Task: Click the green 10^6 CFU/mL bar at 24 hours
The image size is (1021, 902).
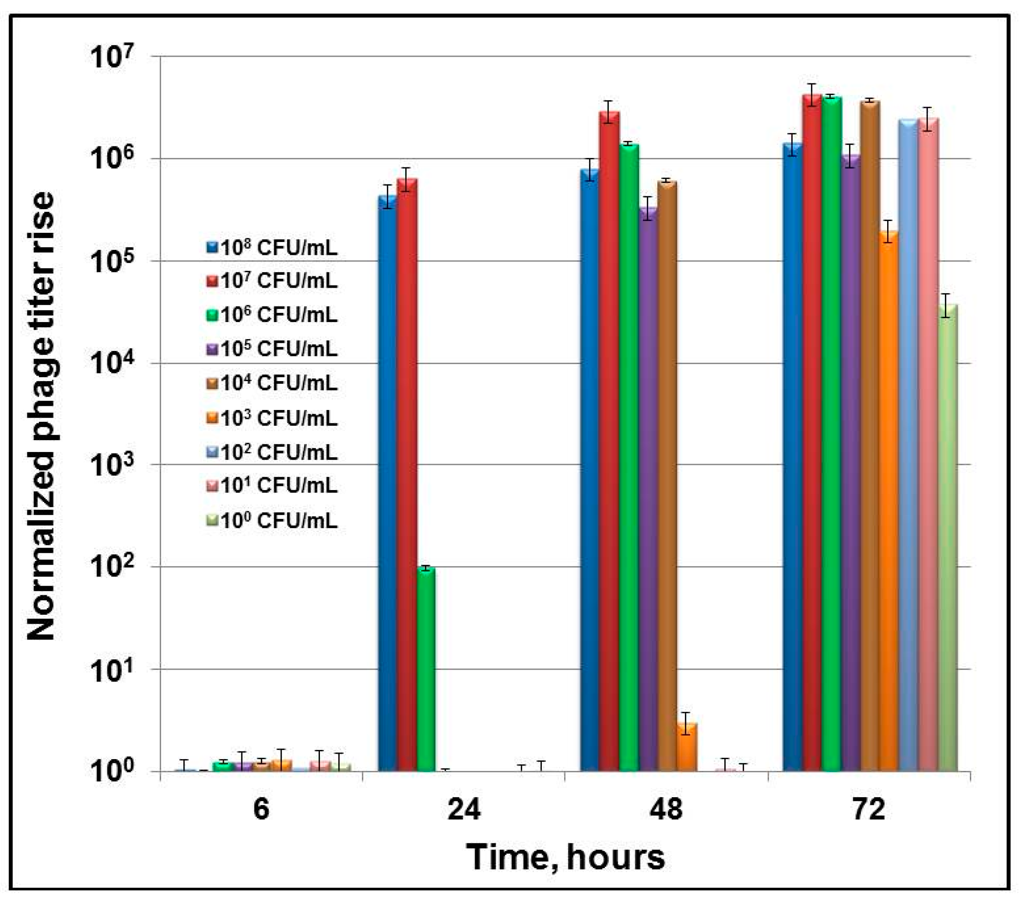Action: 426,669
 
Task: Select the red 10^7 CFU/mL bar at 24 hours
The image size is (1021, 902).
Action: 407,474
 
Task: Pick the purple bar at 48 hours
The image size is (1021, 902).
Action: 648,489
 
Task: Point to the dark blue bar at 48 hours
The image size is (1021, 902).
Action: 590,469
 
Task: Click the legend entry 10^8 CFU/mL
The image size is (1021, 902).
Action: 272,248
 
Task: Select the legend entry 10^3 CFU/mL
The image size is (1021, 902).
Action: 272,418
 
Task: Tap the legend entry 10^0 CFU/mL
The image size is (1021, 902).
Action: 272,521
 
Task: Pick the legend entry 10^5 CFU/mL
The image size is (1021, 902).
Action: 272,349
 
